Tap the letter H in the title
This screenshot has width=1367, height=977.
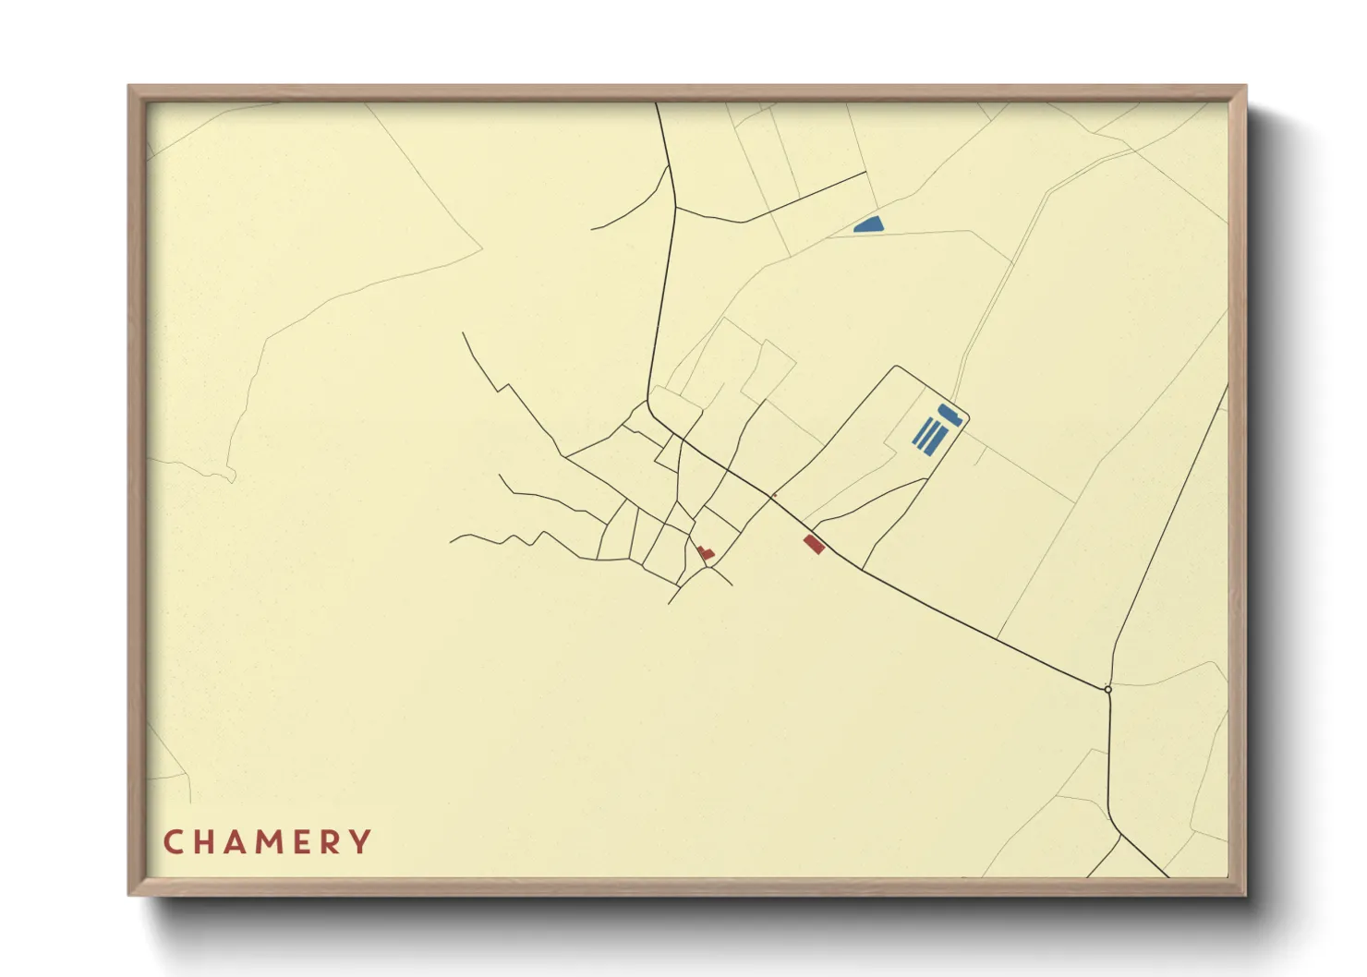point(205,842)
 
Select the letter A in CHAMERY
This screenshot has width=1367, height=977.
point(238,842)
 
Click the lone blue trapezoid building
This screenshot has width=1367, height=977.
point(869,223)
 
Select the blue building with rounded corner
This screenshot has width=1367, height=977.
point(950,414)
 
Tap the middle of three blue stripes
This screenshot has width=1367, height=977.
point(930,433)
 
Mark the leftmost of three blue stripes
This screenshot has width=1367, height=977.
point(922,429)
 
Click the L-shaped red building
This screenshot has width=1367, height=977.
point(706,552)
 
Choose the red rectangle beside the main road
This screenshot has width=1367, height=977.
point(813,544)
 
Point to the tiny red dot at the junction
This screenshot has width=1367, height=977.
point(774,495)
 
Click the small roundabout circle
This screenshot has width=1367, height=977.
point(1107,689)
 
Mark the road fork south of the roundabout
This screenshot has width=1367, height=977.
point(1120,834)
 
